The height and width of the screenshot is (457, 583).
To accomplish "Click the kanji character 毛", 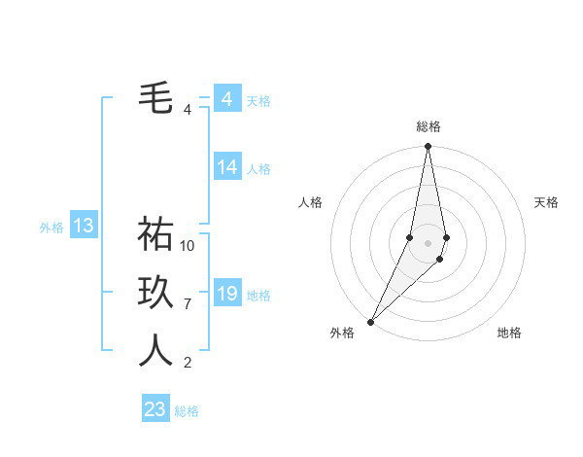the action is coord(155,98).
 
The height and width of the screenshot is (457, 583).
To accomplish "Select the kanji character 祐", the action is coord(155,233).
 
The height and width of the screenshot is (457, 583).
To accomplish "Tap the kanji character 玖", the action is coord(155,293).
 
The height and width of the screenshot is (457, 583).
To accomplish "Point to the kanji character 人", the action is coord(155,351).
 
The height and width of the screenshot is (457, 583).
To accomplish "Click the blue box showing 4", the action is coord(226,99).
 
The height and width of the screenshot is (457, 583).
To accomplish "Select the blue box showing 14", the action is coord(226,167).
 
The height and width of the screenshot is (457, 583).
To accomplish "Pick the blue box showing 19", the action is coord(226,294).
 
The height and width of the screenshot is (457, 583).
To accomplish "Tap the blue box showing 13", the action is coord(84,227).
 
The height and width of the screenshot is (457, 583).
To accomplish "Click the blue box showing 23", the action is coord(155,408).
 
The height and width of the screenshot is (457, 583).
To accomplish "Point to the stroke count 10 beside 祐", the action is coord(188,246).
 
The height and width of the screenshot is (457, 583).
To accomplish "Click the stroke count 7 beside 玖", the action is coord(188,304).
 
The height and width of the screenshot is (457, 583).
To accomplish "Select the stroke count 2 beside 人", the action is coord(188,364).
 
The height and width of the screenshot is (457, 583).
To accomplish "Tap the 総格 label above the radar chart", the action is coord(429,126).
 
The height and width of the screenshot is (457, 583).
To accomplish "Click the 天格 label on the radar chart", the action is coord(547,202).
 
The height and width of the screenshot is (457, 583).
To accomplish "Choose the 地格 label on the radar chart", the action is coord(509,333).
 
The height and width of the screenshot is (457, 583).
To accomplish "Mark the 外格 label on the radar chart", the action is coord(342,333).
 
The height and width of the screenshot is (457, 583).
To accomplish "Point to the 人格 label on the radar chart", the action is coord(310,202).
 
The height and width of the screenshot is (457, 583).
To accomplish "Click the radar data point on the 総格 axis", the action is coord(428,147).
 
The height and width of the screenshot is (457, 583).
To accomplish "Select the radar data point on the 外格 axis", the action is coord(371,321).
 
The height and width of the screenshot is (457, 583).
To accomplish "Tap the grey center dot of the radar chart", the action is coord(428,243).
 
